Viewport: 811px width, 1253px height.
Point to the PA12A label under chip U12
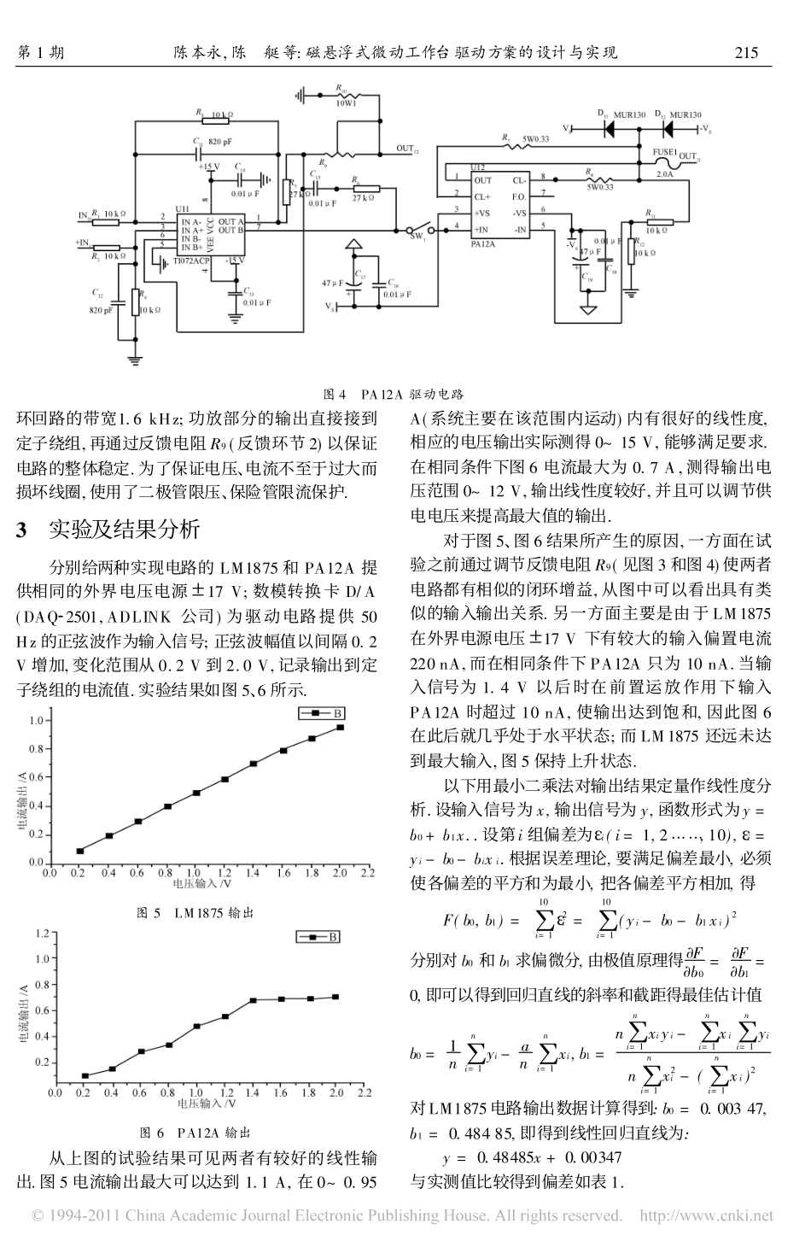point(484,243)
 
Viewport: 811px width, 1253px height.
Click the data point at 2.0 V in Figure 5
point(340,728)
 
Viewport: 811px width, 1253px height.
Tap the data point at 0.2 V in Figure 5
point(80,851)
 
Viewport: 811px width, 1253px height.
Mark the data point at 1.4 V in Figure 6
point(254,1000)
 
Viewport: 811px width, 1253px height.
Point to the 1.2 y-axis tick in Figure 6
point(41,934)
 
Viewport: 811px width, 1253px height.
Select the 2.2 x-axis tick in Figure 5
point(368,874)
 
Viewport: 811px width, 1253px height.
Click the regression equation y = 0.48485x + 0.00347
point(532,1158)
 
